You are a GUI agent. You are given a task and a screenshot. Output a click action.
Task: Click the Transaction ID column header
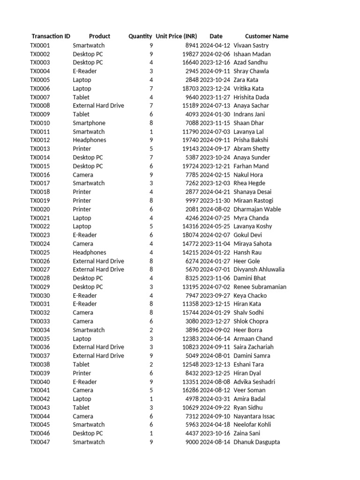pos(51,36)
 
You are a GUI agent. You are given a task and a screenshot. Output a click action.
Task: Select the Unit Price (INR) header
pos(176,36)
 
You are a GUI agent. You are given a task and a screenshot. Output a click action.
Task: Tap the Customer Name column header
pos(267,36)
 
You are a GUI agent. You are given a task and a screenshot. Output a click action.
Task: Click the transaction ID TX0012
pos(40,140)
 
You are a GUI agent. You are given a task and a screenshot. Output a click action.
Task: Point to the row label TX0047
pos(40,442)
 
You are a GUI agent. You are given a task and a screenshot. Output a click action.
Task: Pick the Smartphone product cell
pos(89,123)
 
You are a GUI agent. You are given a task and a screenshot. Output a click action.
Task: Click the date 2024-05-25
pos(215,226)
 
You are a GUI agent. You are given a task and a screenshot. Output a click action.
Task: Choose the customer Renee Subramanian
pos(260,287)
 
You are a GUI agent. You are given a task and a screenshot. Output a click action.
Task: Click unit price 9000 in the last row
pos(192,442)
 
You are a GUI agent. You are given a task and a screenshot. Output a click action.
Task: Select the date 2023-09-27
pos(215,295)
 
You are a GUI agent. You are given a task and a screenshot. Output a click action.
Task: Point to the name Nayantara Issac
pos(254,416)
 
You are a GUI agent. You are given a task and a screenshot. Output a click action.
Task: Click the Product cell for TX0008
pos(98,105)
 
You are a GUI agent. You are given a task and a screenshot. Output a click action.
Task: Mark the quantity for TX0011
pos(151,132)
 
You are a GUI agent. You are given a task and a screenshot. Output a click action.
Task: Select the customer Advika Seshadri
pos(254,382)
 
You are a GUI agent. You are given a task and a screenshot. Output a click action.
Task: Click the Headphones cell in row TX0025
pos(90,252)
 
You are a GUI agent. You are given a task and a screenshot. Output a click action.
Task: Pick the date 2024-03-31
pos(215,399)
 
